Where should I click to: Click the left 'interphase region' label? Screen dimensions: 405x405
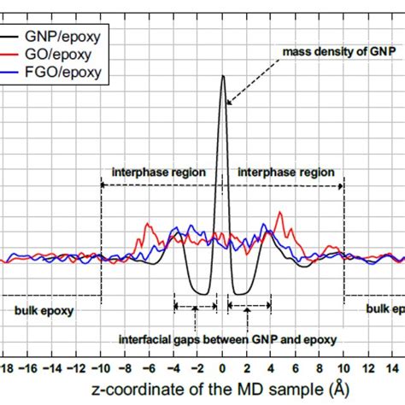point(159,172)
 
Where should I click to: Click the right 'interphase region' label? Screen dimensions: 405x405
point(285,172)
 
